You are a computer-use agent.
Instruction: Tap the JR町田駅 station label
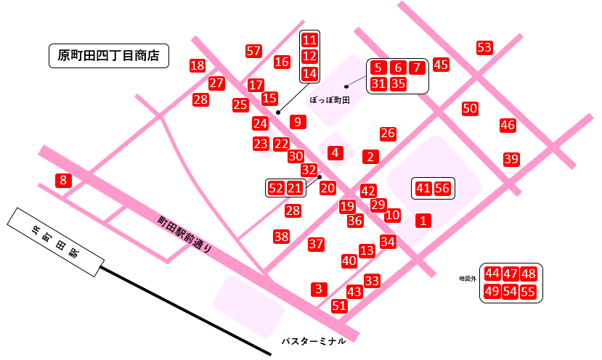click(x=54, y=242)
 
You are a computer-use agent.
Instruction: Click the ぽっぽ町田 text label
click(x=330, y=100)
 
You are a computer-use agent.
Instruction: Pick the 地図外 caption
click(x=466, y=278)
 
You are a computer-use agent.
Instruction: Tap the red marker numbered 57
click(x=253, y=51)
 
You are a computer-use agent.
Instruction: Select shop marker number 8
click(x=63, y=180)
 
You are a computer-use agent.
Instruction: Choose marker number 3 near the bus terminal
click(x=319, y=289)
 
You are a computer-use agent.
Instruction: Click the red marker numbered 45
click(x=441, y=64)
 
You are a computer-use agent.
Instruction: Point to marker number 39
click(x=511, y=159)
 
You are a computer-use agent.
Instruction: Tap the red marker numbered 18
click(x=197, y=65)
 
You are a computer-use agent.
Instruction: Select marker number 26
click(x=388, y=134)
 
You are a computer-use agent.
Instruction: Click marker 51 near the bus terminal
click(x=339, y=306)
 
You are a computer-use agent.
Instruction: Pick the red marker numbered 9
click(x=296, y=121)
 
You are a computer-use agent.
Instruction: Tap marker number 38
click(x=282, y=236)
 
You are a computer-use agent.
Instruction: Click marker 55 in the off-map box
click(x=528, y=292)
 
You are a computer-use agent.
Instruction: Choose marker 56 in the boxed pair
click(x=442, y=189)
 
